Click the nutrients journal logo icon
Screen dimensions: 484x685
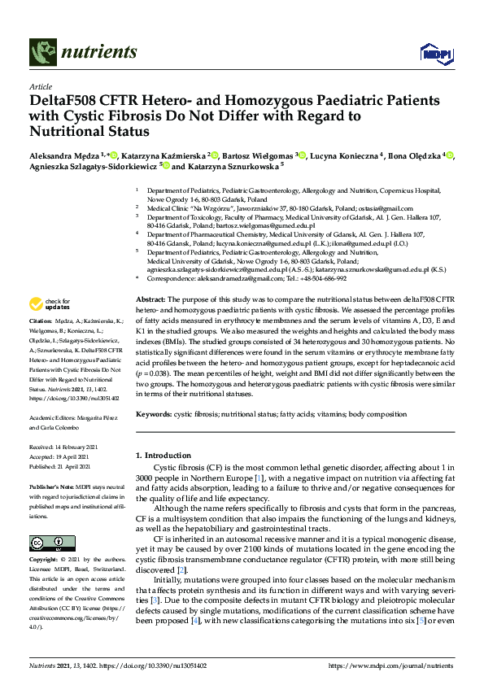tap(42, 52)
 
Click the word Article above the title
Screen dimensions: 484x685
tap(40, 85)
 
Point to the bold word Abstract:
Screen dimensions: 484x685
tap(150, 300)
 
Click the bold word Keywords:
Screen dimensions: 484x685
tap(153, 414)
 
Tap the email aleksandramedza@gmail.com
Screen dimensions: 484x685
tap(226, 277)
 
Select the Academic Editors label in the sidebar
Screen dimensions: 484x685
tap(52, 417)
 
